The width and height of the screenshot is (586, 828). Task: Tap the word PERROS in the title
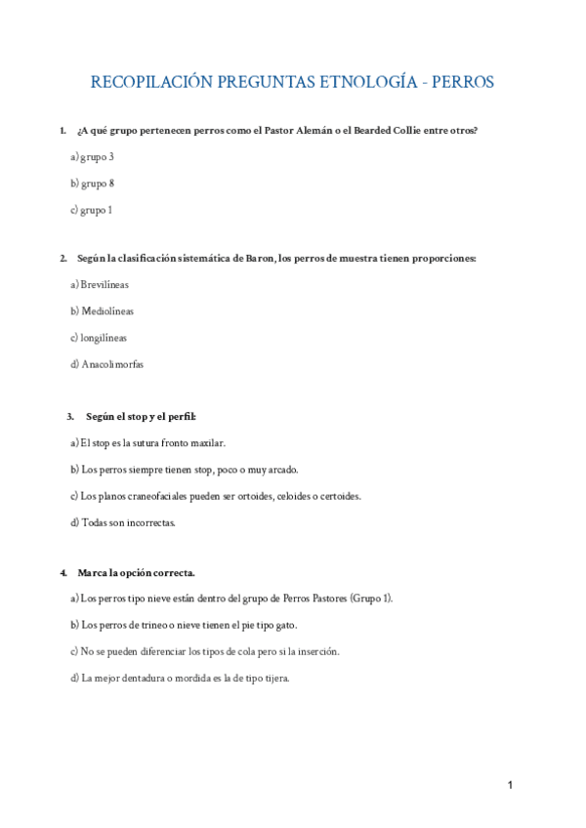[x=460, y=81]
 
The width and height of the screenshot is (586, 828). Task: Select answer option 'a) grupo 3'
[x=93, y=156]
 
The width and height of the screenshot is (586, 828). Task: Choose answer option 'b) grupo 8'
[x=93, y=183]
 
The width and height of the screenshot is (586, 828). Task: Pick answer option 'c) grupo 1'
[x=92, y=209]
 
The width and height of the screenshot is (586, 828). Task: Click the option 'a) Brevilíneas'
[x=100, y=285]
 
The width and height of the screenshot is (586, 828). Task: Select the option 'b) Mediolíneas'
[x=103, y=311]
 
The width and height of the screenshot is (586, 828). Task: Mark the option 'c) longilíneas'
[x=99, y=338]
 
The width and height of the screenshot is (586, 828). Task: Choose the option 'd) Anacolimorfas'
[x=107, y=364]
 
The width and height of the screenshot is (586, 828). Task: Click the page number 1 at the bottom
[x=510, y=785]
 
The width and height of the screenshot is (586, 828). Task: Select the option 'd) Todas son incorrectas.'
[x=123, y=522]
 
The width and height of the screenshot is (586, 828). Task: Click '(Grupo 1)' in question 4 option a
[x=371, y=599]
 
